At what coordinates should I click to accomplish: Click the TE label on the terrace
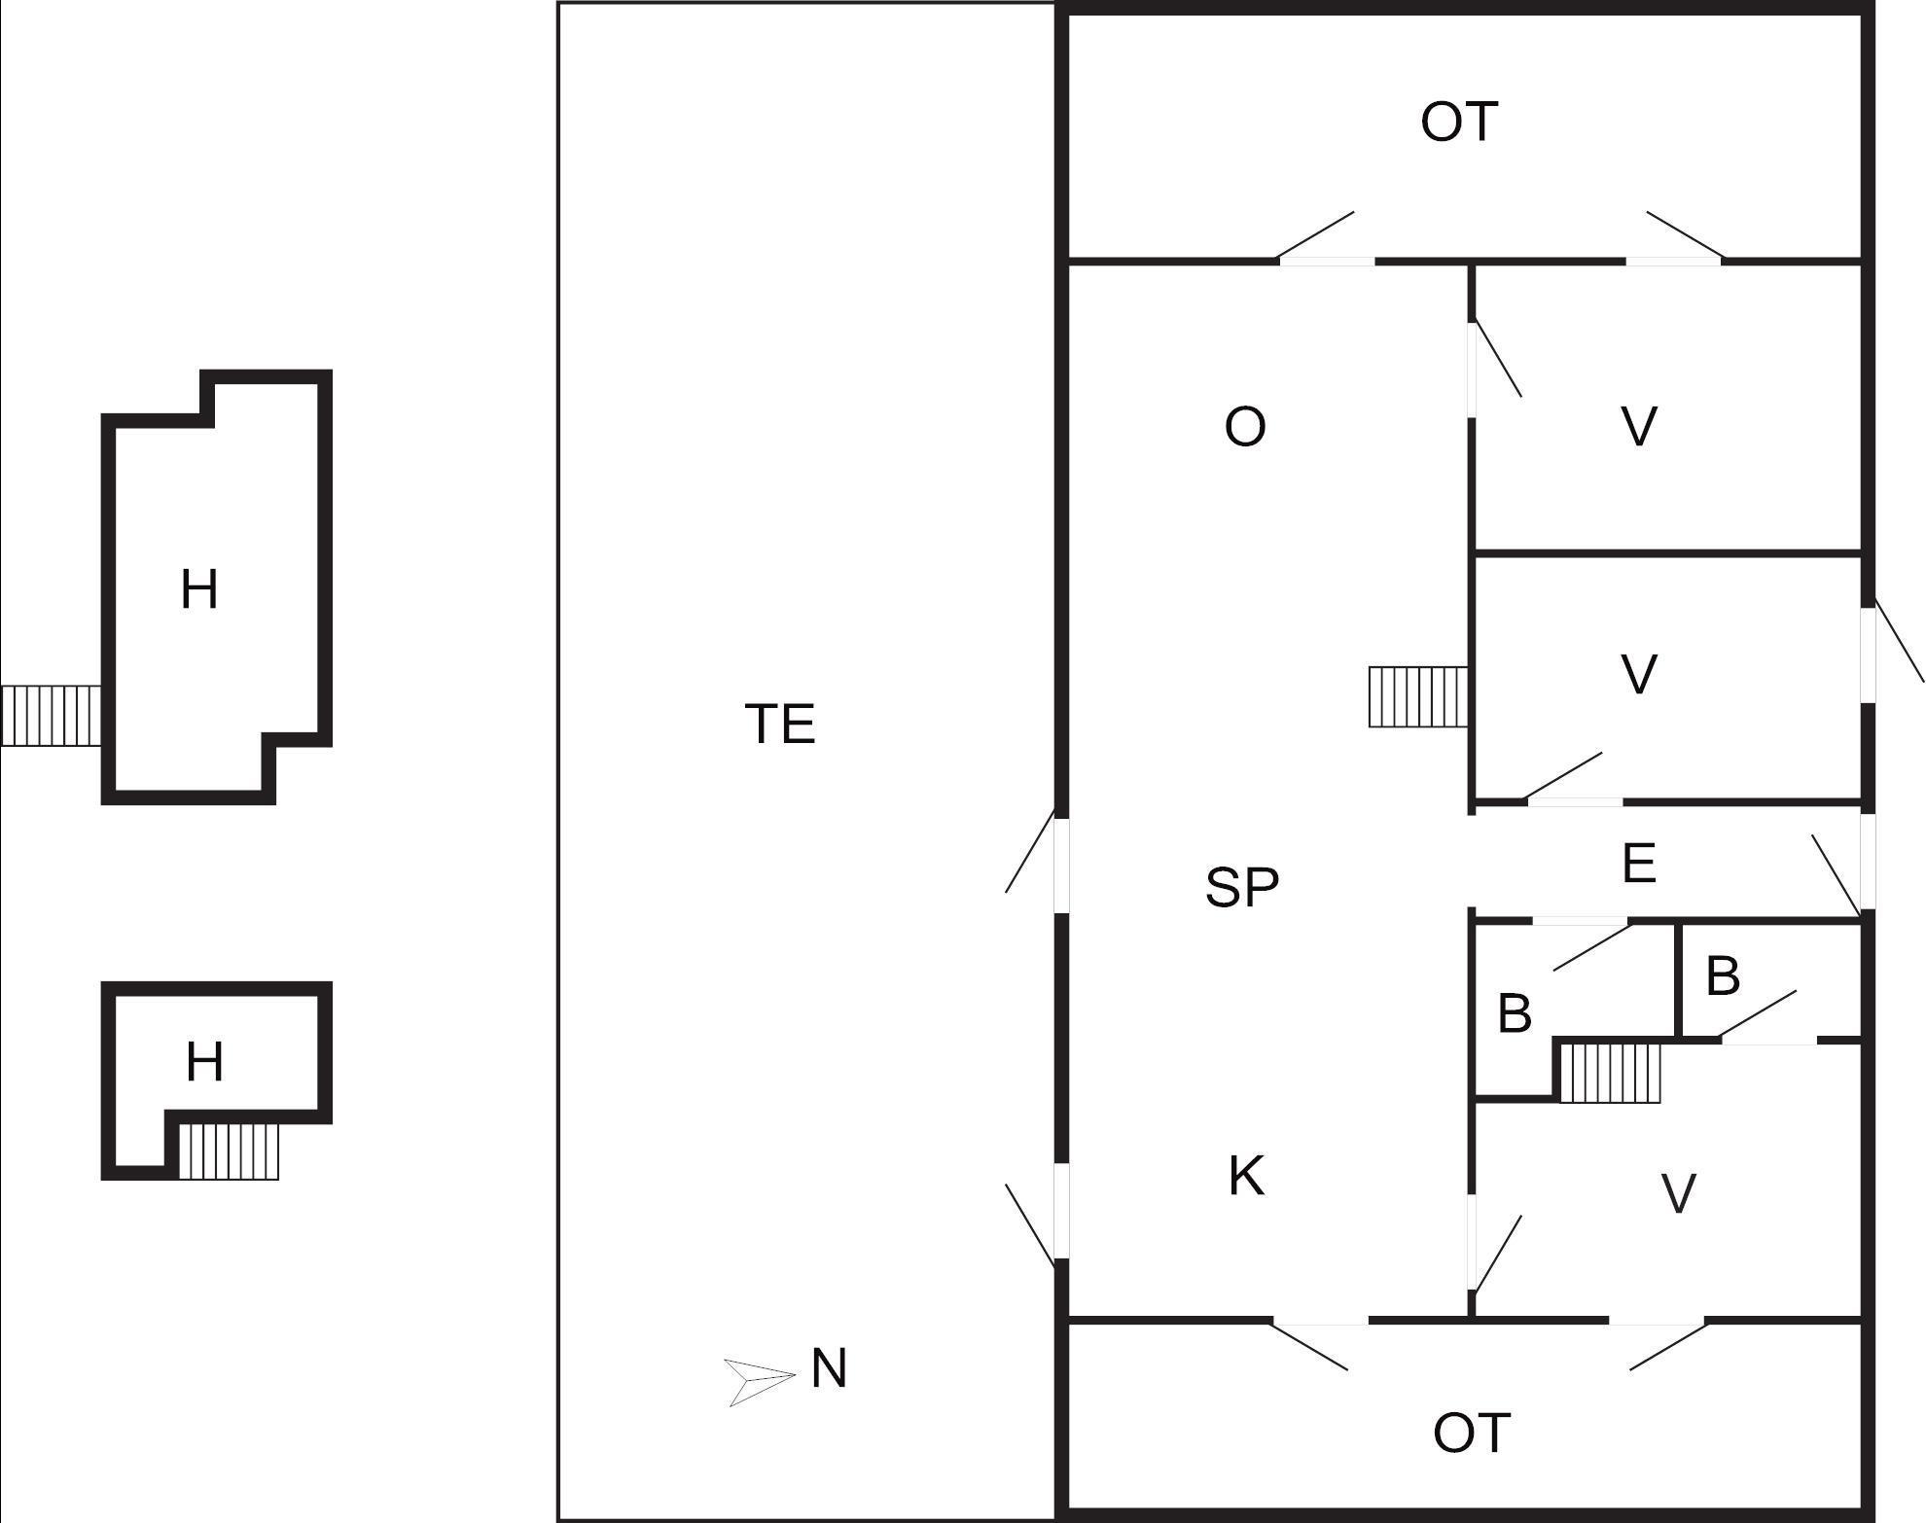pyautogui.click(x=780, y=725)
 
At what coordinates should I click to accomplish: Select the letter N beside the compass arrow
pyautogui.click(x=829, y=1369)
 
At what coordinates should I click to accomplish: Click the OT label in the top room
pyautogui.click(x=1458, y=123)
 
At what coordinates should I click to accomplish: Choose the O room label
pyautogui.click(x=1245, y=427)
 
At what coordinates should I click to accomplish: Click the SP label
pyautogui.click(x=1242, y=887)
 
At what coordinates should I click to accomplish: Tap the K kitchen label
pyautogui.click(x=1246, y=1176)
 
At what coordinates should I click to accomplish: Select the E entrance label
pyautogui.click(x=1639, y=864)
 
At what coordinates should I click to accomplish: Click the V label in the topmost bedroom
pyautogui.click(x=1639, y=426)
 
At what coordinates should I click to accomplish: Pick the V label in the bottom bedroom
pyautogui.click(x=1678, y=1194)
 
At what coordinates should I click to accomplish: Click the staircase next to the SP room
pyautogui.click(x=1417, y=696)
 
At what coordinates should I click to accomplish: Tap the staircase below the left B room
pyautogui.click(x=1610, y=1071)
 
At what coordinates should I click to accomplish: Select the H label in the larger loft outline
pyautogui.click(x=199, y=590)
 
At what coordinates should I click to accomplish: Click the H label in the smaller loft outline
pyautogui.click(x=204, y=1062)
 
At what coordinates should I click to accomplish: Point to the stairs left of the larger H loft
pyautogui.click(x=51, y=716)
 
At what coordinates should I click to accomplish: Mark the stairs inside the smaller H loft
pyautogui.click(x=229, y=1151)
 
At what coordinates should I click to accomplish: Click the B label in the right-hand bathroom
pyautogui.click(x=1723, y=976)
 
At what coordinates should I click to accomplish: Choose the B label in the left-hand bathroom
pyautogui.click(x=1515, y=1013)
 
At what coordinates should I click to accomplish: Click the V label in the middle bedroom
pyautogui.click(x=1639, y=675)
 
